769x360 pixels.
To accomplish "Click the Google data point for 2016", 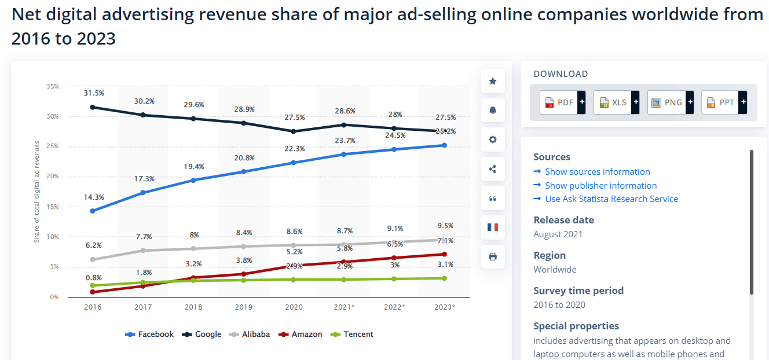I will pos(93,107).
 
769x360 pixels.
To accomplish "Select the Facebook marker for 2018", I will pos(193,180).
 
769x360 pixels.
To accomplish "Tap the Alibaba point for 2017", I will pos(143,251).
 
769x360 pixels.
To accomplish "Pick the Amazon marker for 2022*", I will pos(394,258).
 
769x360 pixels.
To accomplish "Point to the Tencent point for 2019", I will pos(244,280).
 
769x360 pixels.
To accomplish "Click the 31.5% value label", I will pos(94,93).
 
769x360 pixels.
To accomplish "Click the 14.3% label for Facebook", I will pos(94,197).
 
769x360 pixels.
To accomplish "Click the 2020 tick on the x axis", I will pos(294,307).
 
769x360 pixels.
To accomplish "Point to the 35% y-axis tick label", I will pos(52,86).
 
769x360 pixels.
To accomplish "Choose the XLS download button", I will pos(613,102).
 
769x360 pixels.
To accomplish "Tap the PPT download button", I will pos(720,102).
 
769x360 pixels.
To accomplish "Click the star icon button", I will pos(493,81).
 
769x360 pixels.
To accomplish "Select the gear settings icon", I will pos(493,139).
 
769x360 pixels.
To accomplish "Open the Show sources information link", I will pos(597,172).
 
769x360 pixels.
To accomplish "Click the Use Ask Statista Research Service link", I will pos(611,199).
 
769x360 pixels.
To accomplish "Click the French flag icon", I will pos(493,227).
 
